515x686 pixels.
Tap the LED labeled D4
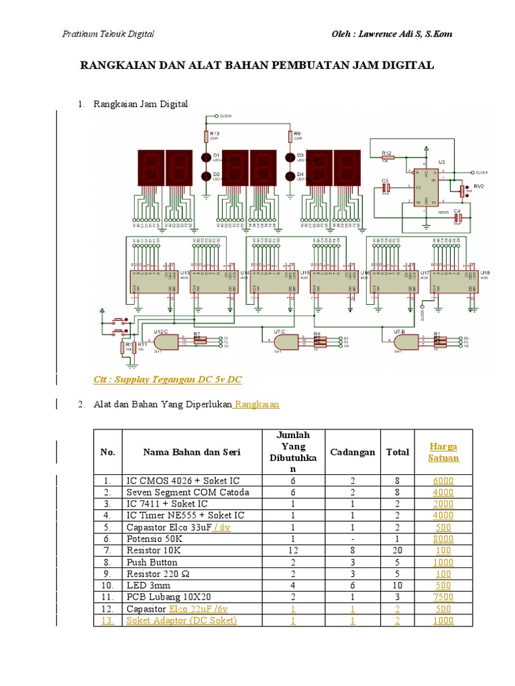click(x=290, y=176)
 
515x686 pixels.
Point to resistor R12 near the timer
click(x=388, y=158)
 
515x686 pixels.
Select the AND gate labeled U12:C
click(x=165, y=340)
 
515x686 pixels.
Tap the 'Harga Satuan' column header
click(x=443, y=452)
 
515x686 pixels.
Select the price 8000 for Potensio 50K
click(x=443, y=538)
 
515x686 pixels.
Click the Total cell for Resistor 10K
click(x=398, y=550)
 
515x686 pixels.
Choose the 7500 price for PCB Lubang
click(x=443, y=596)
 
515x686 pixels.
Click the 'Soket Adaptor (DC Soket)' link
click(x=181, y=620)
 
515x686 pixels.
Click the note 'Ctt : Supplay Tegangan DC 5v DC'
click(x=168, y=380)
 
